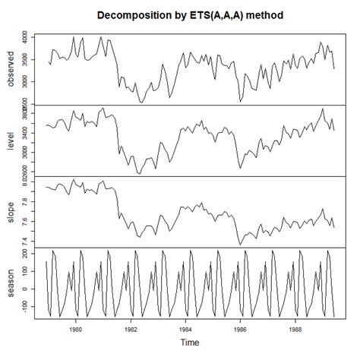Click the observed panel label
(x=10, y=68)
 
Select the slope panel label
(x=10, y=211)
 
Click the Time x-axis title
(x=191, y=343)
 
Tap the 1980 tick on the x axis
(x=75, y=330)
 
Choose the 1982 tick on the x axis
(x=131, y=330)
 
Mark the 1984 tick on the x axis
(x=185, y=330)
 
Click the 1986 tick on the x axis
(x=240, y=330)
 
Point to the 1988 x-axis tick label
(x=295, y=330)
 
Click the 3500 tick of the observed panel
(x=26, y=60)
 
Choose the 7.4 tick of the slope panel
(x=26, y=241)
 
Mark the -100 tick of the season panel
(x=26, y=305)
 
